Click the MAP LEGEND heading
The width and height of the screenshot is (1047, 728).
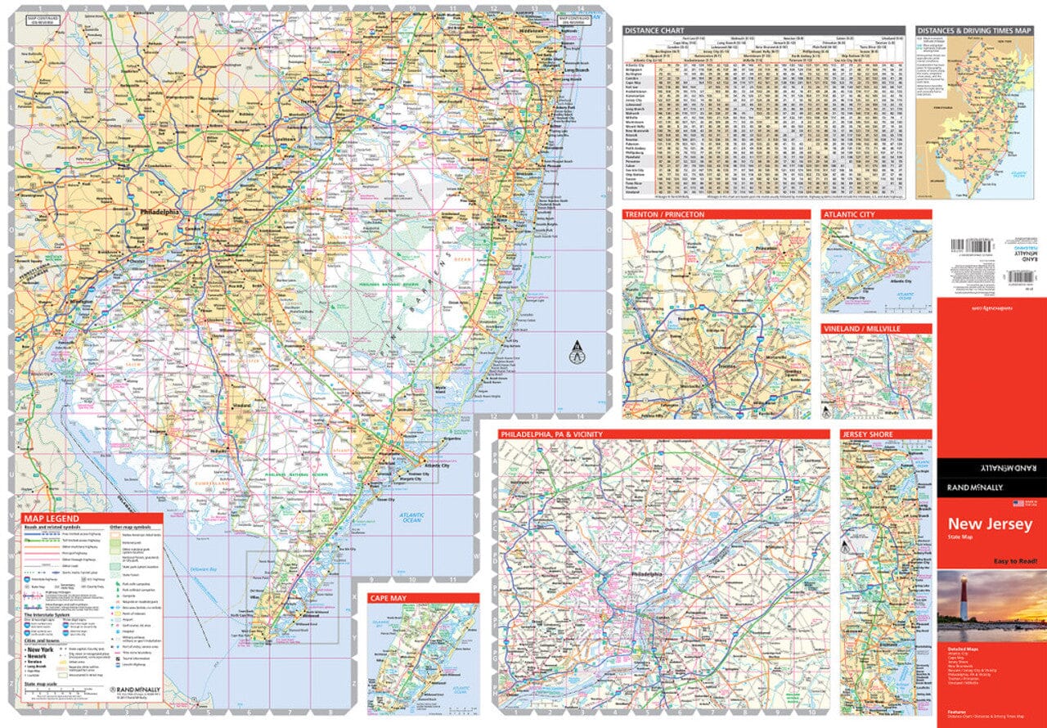pyautogui.click(x=52, y=519)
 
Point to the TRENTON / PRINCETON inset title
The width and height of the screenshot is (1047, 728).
pyautogui.click(x=663, y=214)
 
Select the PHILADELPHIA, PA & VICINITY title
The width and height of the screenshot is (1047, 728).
pyautogui.click(x=551, y=434)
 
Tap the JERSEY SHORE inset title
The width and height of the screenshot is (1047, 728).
pyautogui.click(x=869, y=434)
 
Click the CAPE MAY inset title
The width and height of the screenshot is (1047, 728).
pyautogui.click(x=387, y=599)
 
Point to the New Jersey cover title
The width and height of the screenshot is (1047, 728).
pyautogui.click(x=990, y=524)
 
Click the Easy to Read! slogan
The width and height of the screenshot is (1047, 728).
pyautogui.click(x=1016, y=560)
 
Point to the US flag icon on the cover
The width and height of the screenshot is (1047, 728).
pyautogui.click(x=1019, y=503)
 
